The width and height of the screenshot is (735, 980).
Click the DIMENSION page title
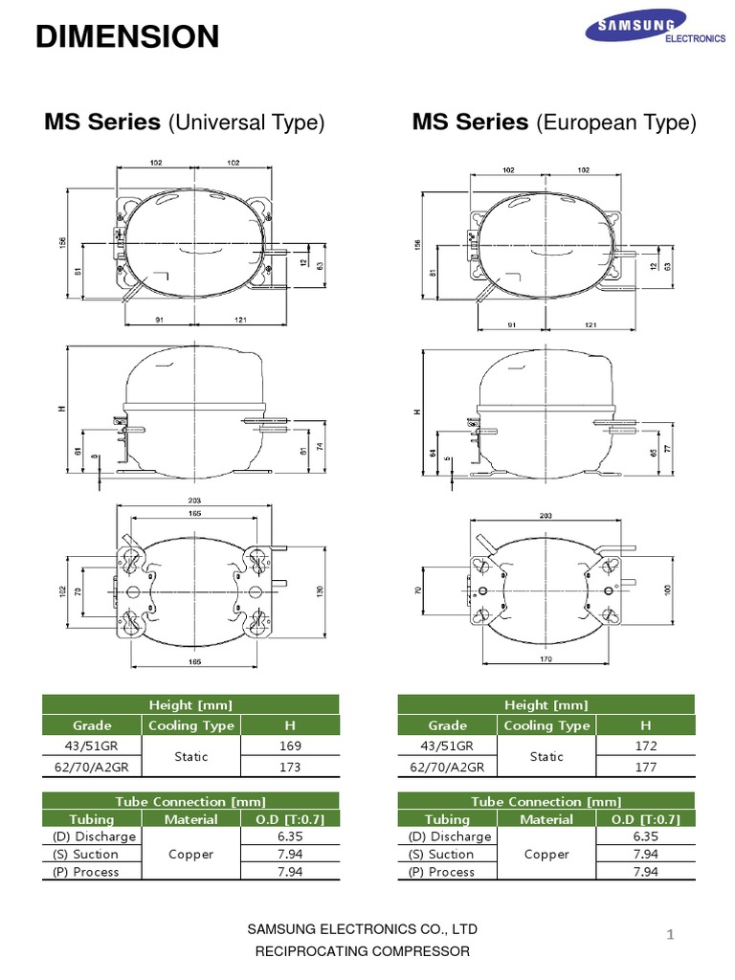click(x=127, y=37)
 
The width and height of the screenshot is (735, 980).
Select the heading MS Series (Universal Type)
click(x=185, y=122)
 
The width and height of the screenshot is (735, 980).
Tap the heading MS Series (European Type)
click(x=554, y=122)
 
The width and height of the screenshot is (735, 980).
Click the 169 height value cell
click(x=290, y=746)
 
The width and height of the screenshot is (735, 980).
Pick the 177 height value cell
click(x=645, y=767)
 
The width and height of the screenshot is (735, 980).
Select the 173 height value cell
click(x=290, y=767)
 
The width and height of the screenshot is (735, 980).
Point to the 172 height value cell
click(x=645, y=746)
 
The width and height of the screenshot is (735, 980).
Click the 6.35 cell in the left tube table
click(x=290, y=836)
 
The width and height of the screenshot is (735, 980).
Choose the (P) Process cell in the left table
click(x=86, y=872)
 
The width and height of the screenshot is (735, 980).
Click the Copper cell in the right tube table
click(x=546, y=855)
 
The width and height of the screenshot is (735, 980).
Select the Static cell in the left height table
click(x=191, y=756)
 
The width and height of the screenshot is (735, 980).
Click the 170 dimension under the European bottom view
click(x=546, y=659)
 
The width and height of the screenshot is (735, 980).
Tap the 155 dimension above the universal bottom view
click(x=194, y=514)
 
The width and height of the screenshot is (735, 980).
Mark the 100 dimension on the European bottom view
click(x=667, y=590)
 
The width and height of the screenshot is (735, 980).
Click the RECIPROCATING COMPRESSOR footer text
click(x=362, y=951)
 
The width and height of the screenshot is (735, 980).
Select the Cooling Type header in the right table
click(x=546, y=725)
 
